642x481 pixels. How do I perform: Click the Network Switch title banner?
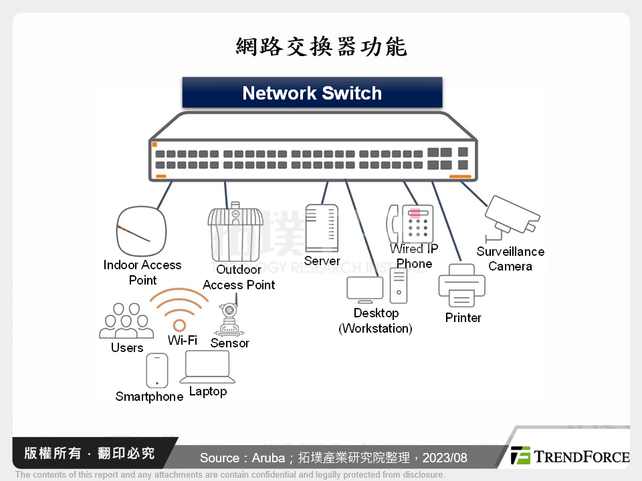pyautogui.click(x=312, y=93)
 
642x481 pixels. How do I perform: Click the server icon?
pyautogui.click(x=321, y=227)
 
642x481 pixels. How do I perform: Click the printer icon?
pyautogui.click(x=461, y=285)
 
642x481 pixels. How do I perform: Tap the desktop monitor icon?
pyautogui.click(x=364, y=289)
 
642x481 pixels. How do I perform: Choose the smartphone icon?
pyautogui.click(x=156, y=370)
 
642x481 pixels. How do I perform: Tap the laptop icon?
pyautogui.click(x=207, y=367)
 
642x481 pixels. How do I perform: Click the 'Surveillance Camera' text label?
pyautogui.click(x=510, y=259)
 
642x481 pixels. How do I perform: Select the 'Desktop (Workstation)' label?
pyautogui.click(x=376, y=321)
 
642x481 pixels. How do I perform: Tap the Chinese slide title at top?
pyautogui.click(x=321, y=47)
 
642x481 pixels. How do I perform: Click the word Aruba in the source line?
pyautogui.click(x=267, y=458)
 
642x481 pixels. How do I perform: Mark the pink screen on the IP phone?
pyautogui.click(x=415, y=214)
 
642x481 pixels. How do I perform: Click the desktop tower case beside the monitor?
pyautogui.click(x=399, y=285)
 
